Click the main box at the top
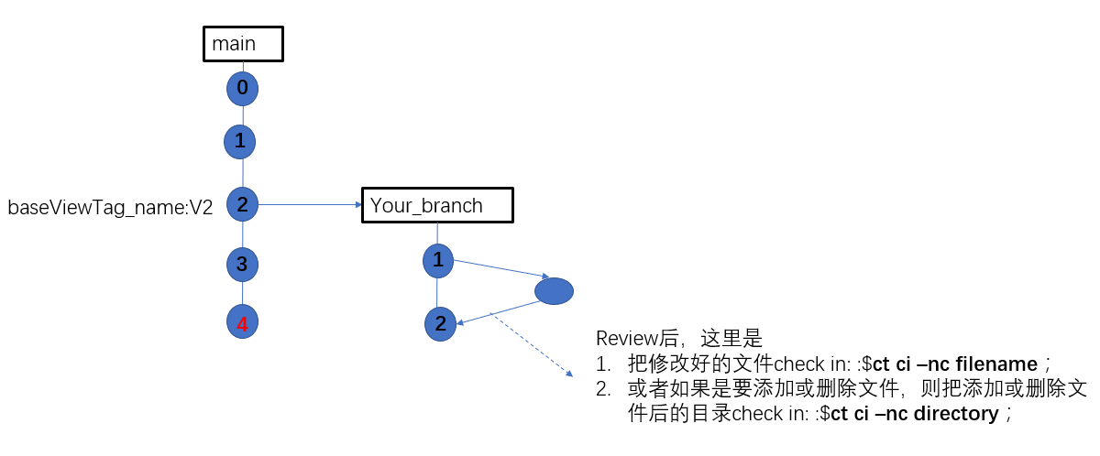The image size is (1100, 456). (x=243, y=43)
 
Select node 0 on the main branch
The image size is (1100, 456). (x=242, y=89)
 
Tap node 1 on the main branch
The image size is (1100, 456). (x=239, y=141)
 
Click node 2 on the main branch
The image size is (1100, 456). (x=242, y=204)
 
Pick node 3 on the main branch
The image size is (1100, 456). (x=242, y=265)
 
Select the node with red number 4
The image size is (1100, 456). (x=242, y=323)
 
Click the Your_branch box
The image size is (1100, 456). (x=437, y=205)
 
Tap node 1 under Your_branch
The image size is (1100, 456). (x=438, y=260)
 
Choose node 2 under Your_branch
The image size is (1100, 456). (x=440, y=323)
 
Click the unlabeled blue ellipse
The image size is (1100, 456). (x=554, y=291)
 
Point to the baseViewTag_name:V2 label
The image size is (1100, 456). (x=110, y=208)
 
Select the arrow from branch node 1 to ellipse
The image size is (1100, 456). (x=500, y=268)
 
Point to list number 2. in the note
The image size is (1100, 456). (x=603, y=388)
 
